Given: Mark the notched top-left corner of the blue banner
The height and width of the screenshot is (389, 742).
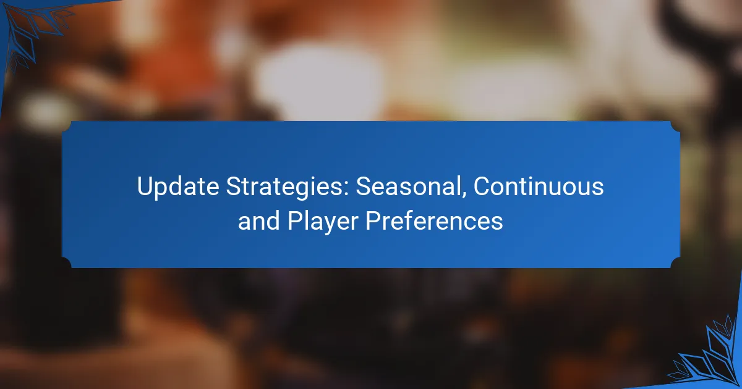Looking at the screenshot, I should (67, 127).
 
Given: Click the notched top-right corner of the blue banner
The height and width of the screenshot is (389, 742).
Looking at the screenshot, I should (675, 127).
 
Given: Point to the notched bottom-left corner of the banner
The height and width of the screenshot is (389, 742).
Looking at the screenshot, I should (67, 262).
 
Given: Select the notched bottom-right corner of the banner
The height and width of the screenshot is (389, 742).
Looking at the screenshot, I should (675, 262).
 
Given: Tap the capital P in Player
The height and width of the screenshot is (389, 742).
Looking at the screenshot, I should (294, 220).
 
